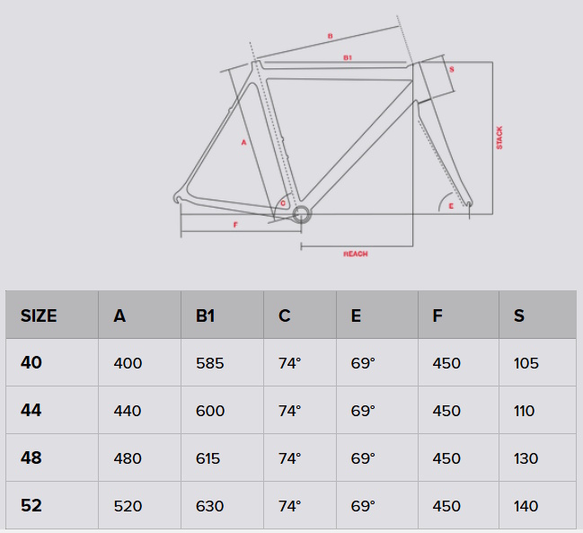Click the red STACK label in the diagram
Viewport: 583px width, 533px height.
coord(499,138)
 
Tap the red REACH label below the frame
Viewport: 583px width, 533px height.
coord(356,254)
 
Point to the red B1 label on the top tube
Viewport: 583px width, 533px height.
coord(348,58)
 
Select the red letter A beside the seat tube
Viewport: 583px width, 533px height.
coord(243,142)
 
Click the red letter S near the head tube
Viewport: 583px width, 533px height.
coord(451,69)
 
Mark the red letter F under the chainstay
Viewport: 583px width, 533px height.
coord(235,225)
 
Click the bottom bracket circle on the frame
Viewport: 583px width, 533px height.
coord(301,215)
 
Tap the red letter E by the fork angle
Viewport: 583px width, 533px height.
coord(451,206)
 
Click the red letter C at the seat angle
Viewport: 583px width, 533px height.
coord(283,203)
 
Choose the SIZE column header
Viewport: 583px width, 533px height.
coord(39,315)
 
